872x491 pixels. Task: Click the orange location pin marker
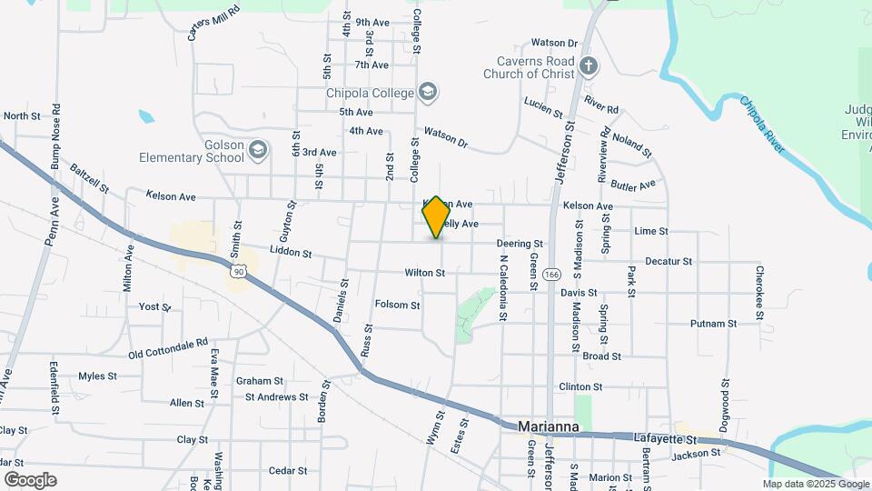[436, 216]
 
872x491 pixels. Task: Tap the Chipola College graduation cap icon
[428, 92]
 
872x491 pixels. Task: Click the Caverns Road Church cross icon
[589, 65]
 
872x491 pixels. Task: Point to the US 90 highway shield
[238, 271]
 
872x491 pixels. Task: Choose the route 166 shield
[551, 274]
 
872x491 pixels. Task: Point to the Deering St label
[519, 244]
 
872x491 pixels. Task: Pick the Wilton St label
[424, 273]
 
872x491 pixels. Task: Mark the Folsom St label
[397, 306]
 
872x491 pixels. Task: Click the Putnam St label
[713, 324]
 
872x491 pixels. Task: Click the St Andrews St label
[276, 397]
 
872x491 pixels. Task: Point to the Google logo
[30, 479]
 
